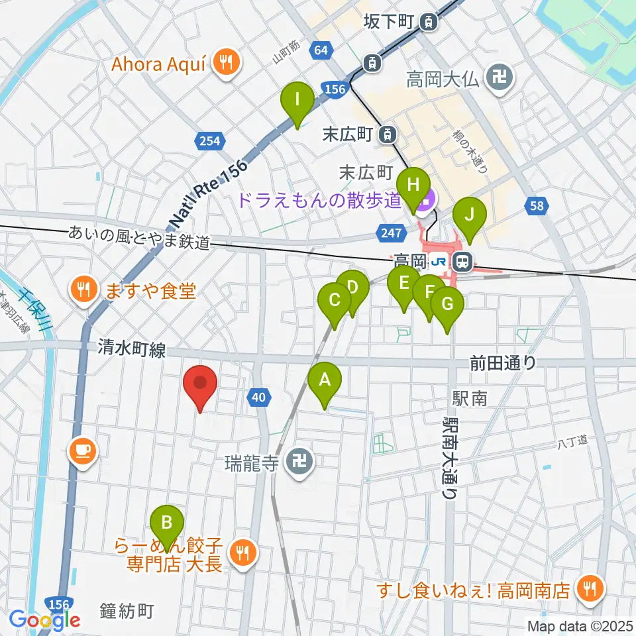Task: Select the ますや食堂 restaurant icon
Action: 83,290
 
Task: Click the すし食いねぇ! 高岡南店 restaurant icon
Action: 587,586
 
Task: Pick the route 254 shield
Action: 208,140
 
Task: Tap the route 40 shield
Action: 259,397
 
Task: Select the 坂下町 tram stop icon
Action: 430,23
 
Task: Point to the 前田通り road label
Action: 503,362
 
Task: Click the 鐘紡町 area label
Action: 128,610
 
